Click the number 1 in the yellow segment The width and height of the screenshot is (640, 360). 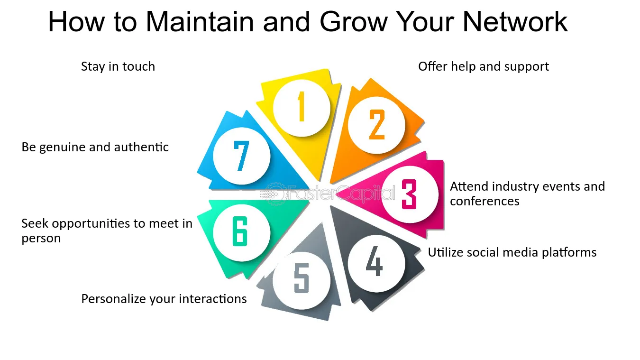(301, 107)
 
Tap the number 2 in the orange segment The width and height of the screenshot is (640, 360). (377, 125)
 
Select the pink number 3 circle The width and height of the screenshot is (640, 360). (409, 194)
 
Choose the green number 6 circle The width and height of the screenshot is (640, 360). (240, 232)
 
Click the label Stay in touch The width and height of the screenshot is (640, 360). (118, 66)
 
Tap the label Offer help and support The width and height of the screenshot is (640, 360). (483, 66)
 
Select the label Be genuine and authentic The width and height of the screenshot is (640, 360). (95, 147)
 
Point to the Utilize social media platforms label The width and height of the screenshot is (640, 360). (512, 252)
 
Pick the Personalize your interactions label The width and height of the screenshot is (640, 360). (164, 299)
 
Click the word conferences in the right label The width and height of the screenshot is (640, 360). (485, 201)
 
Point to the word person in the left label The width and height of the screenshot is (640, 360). (41, 238)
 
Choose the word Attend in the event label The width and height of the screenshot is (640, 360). (468, 186)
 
